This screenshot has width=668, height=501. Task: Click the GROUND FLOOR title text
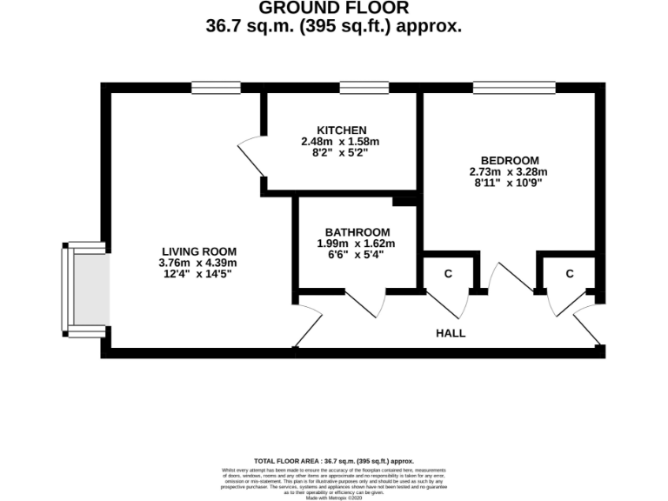(x=334, y=9)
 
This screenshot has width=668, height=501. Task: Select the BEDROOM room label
(x=510, y=160)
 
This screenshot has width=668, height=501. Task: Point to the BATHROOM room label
(x=357, y=231)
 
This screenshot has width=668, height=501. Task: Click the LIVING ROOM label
(x=197, y=250)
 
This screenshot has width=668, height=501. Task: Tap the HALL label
(x=451, y=333)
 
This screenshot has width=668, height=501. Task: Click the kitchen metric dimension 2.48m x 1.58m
(x=341, y=141)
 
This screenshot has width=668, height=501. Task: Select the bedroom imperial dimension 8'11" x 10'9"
(x=510, y=184)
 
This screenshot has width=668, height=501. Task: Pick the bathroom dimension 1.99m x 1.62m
(x=357, y=244)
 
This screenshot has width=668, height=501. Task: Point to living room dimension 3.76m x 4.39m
(x=197, y=263)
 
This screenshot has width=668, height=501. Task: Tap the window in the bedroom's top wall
(x=514, y=88)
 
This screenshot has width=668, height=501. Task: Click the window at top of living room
(x=216, y=88)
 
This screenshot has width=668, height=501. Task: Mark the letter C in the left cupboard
(x=448, y=274)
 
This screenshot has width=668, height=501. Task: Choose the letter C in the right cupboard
(x=570, y=274)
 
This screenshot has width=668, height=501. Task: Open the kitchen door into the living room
(x=251, y=156)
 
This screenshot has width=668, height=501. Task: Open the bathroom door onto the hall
(x=366, y=301)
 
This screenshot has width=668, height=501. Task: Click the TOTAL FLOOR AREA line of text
(x=334, y=461)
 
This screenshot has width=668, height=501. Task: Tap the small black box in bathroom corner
(x=404, y=201)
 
